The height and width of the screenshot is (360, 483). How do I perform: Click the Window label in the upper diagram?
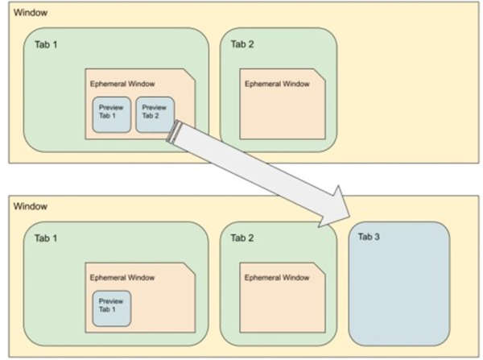(x=31, y=13)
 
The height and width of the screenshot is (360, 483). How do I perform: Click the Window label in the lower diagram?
(x=31, y=206)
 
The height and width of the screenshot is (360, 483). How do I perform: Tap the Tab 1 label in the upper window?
(x=46, y=44)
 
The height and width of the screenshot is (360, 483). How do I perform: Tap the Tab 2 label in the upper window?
(x=242, y=44)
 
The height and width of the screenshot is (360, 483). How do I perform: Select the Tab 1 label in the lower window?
(x=46, y=238)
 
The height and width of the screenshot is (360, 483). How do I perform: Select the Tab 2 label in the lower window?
(x=242, y=238)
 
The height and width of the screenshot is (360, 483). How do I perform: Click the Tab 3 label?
(x=369, y=237)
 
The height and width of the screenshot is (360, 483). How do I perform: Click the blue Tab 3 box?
(x=399, y=283)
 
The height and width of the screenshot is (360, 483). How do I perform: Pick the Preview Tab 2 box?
(x=155, y=114)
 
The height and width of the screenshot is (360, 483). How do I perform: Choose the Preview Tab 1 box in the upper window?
(x=112, y=114)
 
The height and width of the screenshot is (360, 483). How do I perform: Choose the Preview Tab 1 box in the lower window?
(x=112, y=308)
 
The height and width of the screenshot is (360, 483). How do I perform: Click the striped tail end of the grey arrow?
(x=173, y=131)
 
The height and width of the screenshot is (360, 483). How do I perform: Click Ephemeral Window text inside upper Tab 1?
(x=122, y=84)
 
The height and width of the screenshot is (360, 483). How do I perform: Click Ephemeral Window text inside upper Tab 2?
(x=277, y=84)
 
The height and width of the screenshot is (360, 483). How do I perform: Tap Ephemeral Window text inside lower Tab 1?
(x=122, y=278)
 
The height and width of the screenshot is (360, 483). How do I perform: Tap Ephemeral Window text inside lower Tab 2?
(x=277, y=278)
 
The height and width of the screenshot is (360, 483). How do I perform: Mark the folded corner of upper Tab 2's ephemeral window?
(x=319, y=75)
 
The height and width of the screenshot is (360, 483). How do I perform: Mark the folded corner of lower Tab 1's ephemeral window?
(x=189, y=269)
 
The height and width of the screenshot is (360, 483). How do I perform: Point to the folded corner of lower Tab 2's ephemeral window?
(x=319, y=269)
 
